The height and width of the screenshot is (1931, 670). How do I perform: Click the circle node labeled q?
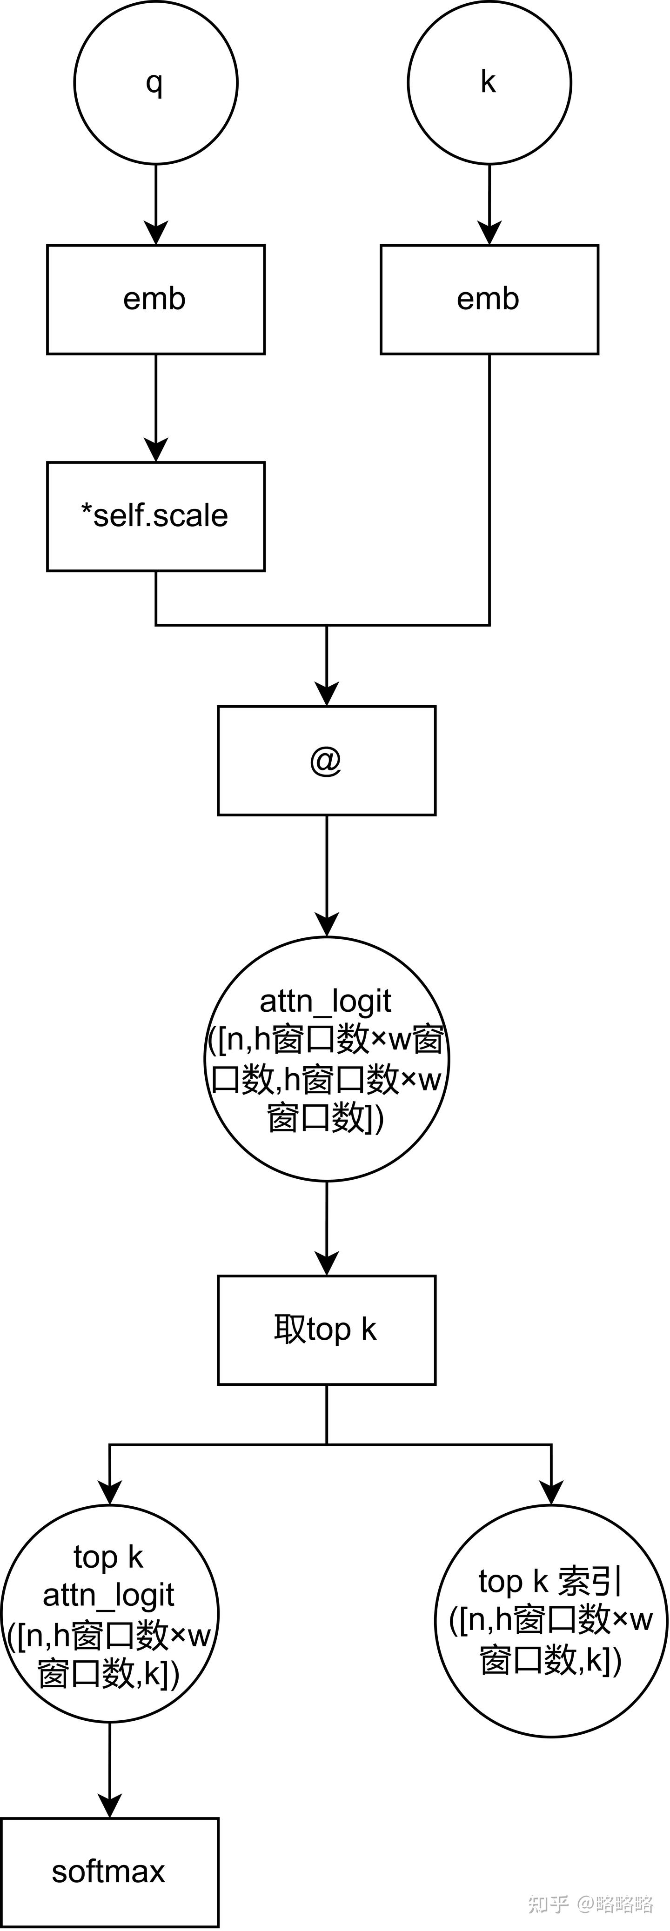156,82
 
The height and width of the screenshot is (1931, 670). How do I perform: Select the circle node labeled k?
489,82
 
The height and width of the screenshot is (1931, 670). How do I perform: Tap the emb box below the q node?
156,299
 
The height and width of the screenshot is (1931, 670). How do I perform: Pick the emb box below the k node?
489,299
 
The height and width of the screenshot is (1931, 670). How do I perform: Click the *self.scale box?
156,516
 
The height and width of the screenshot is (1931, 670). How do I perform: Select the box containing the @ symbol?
327,760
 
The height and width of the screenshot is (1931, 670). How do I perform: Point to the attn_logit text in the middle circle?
325,1001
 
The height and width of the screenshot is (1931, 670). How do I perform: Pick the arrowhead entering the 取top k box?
327,1264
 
